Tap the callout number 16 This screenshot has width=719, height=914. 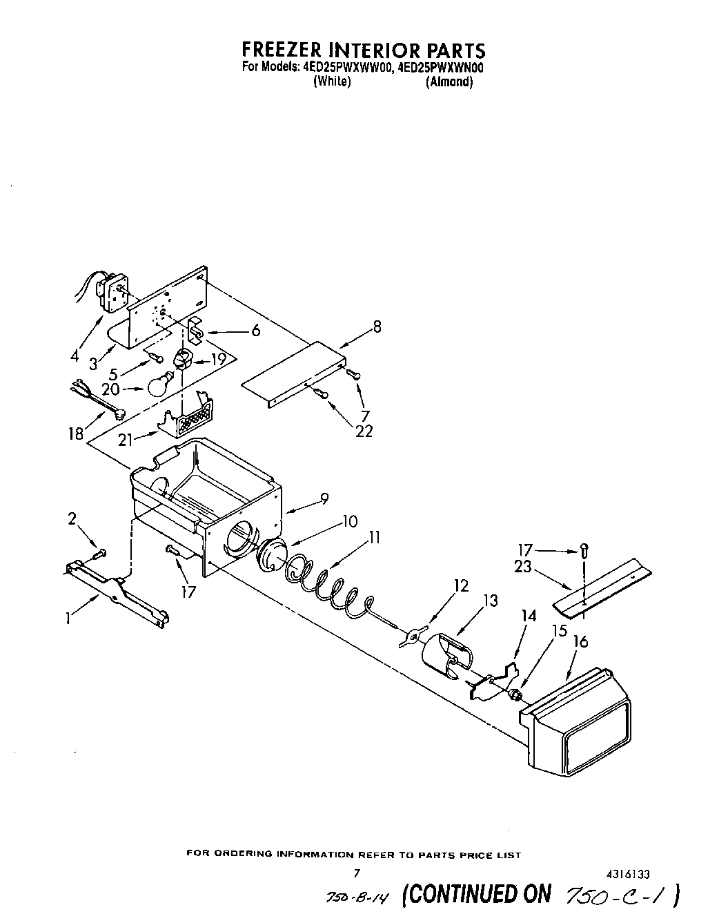[580, 643]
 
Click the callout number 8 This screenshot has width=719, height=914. [376, 327]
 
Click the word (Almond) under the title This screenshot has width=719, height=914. [449, 81]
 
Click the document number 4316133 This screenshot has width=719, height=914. [624, 873]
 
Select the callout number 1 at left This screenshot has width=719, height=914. [68, 619]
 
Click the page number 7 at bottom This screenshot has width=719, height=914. [357, 873]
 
